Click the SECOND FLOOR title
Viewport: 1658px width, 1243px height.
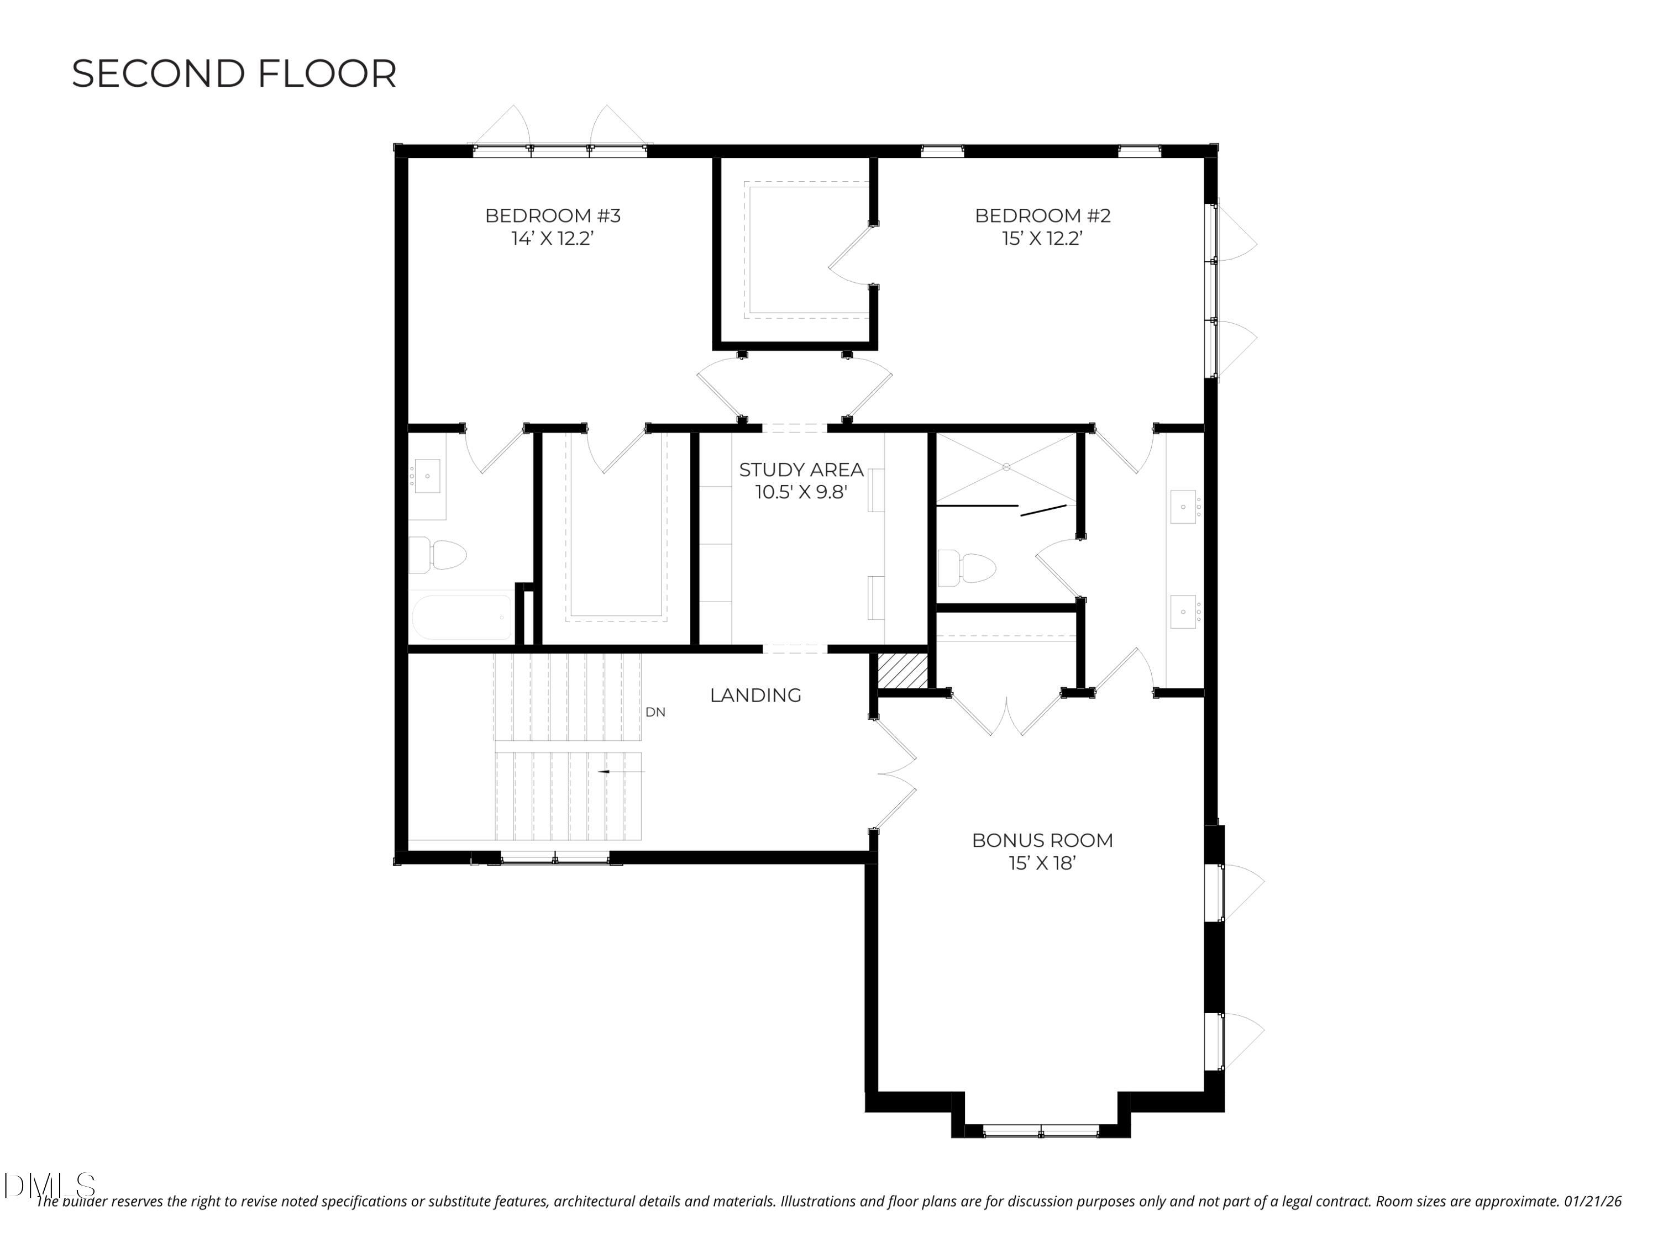pos(234,74)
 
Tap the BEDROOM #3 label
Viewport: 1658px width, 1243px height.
pos(553,216)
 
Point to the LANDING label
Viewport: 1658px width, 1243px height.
pos(755,696)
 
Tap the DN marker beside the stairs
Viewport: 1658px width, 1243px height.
pos(654,713)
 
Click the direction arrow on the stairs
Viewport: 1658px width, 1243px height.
pos(604,772)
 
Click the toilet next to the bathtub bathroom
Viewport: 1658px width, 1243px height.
pos(438,555)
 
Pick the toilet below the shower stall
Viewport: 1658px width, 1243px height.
pos(968,568)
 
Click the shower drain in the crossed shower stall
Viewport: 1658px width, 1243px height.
pos(1006,467)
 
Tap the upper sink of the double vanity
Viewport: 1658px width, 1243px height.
pos(1184,507)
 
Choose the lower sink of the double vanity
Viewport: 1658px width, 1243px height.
pos(1184,612)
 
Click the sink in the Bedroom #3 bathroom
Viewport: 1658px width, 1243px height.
pos(427,476)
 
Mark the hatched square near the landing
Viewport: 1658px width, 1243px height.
pos(903,671)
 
